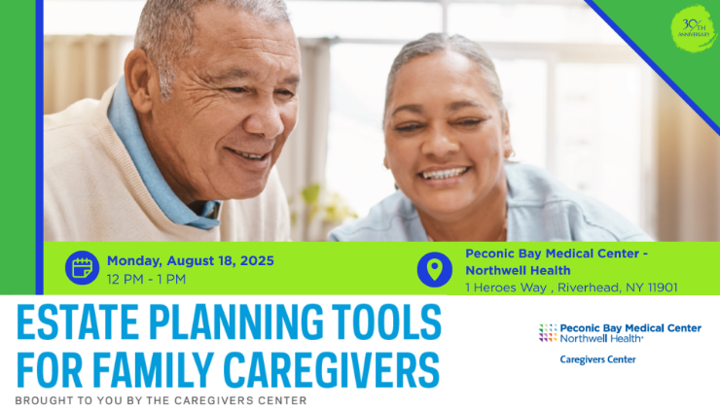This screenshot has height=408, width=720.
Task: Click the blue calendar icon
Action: pos(82,268)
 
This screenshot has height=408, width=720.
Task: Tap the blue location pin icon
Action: pos(434,269)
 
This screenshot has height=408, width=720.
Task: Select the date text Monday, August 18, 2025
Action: pos(191,261)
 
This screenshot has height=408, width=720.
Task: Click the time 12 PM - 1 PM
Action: pos(146,279)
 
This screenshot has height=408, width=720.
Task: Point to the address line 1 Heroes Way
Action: pos(506,288)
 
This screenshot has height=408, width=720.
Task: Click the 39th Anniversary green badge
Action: pos(694,28)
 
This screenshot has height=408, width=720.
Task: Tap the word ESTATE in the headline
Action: pos(77,322)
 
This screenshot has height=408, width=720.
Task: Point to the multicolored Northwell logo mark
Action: pos(548,333)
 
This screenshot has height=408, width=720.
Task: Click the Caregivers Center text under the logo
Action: pos(597,359)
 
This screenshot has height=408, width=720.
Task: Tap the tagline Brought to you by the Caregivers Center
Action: pos(161,400)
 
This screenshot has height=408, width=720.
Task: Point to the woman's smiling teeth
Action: pos(444,173)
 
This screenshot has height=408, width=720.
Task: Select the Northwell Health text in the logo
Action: pos(601,338)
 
